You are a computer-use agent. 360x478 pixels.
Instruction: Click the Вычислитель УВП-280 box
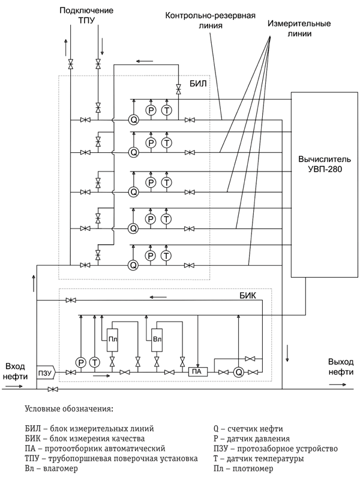[x=325, y=185]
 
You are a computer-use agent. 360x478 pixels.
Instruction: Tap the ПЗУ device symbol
[x=46, y=372]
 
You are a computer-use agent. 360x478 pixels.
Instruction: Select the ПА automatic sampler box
[x=197, y=372]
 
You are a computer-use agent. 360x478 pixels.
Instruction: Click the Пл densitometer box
[x=112, y=339]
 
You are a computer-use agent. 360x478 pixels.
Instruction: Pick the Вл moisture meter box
[x=157, y=339]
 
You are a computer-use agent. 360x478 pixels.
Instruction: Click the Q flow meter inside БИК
[x=239, y=372]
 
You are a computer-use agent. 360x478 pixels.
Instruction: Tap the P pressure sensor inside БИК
[x=81, y=363]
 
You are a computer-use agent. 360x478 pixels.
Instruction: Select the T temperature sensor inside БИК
[x=95, y=363]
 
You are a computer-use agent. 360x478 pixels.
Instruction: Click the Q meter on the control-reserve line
[x=133, y=120]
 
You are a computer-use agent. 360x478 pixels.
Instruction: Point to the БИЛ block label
[x=198, y=83]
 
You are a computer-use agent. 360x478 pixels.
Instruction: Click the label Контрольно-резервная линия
[x=211, y=20]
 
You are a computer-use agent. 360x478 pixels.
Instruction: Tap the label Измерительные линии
[x=299, y=28]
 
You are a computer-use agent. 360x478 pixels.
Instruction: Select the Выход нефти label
[x=341, y=366]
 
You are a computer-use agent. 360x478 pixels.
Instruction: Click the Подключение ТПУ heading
[x=86, y=15]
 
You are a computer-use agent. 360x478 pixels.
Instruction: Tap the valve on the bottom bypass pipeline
[x=53, y=389]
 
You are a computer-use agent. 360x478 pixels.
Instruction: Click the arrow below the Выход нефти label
[x=338, y=384]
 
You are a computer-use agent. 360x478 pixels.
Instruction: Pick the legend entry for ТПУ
[x=112, y=458]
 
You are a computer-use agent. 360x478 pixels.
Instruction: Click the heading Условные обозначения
[x=69, y=409]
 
